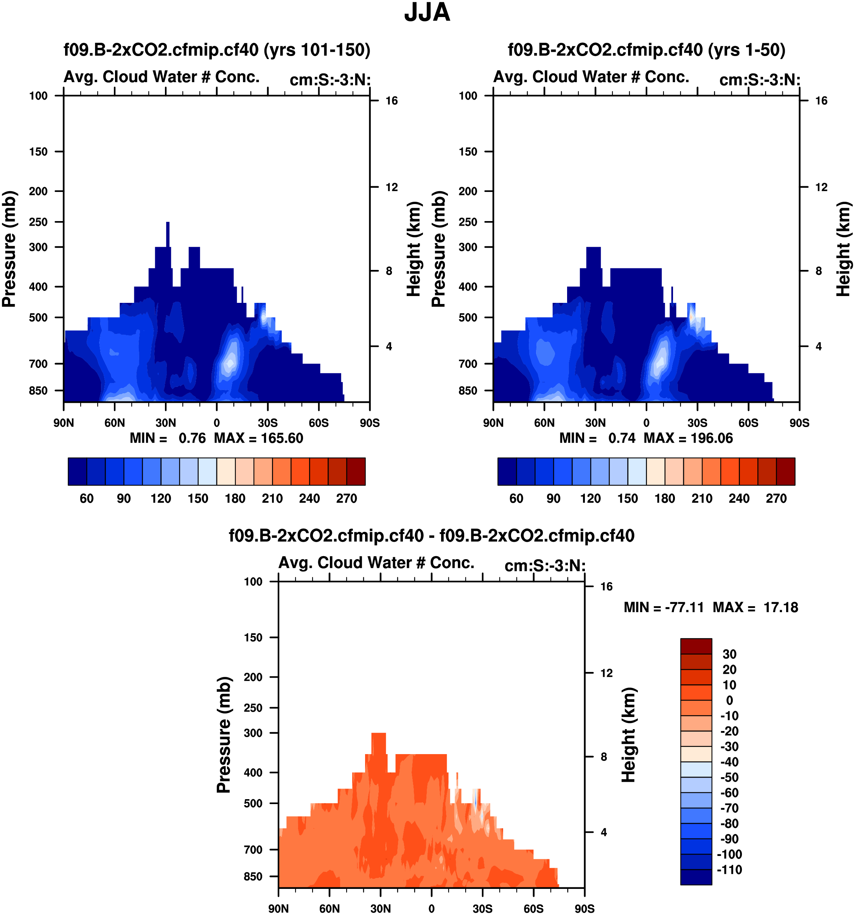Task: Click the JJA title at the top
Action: pyautogui.click(x=427, y=13)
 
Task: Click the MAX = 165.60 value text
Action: pyautogui.click(x=258, y=438)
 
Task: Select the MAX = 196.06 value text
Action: pyautogui.click(x=688, y=438)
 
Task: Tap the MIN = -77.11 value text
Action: pyautogui.click(x=664, y=608)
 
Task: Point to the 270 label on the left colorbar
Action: pyautogui.click(x=346, y=499)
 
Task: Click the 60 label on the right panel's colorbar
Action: pyautogui.click(x=516, y=499)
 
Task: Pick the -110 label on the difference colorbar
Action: pyautogui.click(x=729, y=870)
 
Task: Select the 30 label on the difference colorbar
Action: pyautogui.click(x=729, y=654)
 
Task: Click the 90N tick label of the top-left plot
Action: pyautogui.click(x=64, y=423)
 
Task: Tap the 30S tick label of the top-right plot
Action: pyautogui.click(x=697, y=423)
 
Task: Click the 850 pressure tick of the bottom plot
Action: pyautogui.click(x=253, y=876)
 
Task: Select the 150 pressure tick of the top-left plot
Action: pyautogui.click(x=38, y=152)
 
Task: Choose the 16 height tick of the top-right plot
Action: pyautogui.click(x=821, y=101)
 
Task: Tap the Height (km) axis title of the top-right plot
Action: pyautogui.click(x=843, y=249)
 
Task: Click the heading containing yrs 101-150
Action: pyautogui.click(x=217, y=50)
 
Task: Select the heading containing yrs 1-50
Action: pyautogui.click(x=646, y=50)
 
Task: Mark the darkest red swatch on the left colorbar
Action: pyautogui.click(x=356, y=471)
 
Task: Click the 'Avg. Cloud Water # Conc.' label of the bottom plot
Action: pyautogui.click(x=376, y=563)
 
